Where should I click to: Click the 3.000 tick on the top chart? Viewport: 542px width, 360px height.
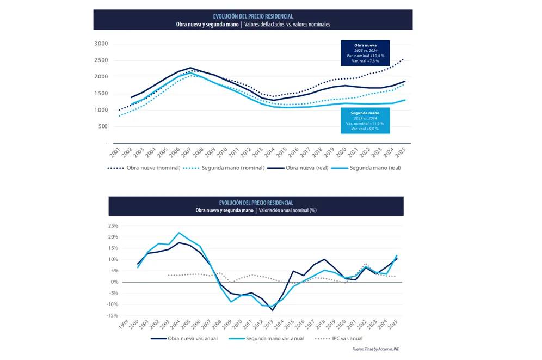pyautogui.click(x=101, y=44)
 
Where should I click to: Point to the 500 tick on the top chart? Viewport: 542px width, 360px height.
pyautogui.click(x=103, y=126)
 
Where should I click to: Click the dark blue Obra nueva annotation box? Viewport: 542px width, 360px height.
pyautogui.click(x=365, y=53)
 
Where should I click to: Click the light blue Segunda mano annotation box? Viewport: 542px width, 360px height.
pyautogui.click(x=365, y=120)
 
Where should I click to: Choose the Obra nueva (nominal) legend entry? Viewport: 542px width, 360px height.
pyautogui.click(x=144, y=168)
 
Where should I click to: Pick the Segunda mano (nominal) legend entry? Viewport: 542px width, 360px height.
pyautogui.click(x=224, y=168)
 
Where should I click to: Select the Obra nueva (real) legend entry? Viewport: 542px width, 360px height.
pyautogui.click(x=299, y=168)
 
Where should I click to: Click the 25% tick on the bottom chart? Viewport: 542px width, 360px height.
pyautogui.click(x=113, y=225)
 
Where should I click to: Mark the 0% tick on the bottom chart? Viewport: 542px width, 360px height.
pyautogui.click(x=114, y=282)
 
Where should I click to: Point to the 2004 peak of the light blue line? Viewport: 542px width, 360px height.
pyautogui.click(x=179, y=233)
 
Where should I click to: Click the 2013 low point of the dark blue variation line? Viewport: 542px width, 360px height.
pyautogui.click(x=273, y=310)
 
